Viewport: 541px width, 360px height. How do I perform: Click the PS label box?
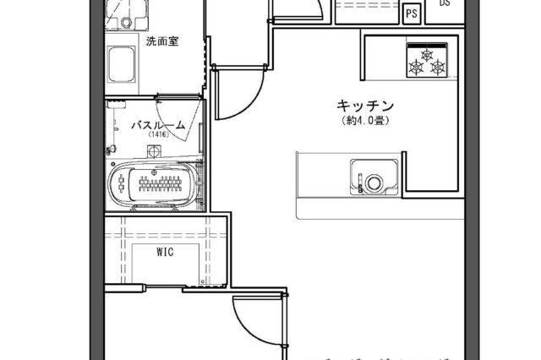412,14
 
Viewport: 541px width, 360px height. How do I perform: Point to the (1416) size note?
157,135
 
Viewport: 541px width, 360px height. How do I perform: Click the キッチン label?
366,106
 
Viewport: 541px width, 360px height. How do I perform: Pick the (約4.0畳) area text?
366,120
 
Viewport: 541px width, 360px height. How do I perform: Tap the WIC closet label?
165,252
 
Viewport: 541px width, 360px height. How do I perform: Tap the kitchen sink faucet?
358,180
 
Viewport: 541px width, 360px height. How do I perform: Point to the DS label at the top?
445,3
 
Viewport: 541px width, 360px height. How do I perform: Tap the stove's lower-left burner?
418,66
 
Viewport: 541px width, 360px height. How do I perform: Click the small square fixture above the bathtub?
154,152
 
